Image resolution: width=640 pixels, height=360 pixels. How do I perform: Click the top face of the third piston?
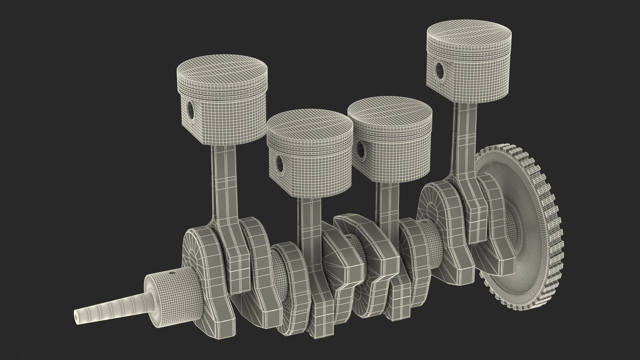pos(390,110)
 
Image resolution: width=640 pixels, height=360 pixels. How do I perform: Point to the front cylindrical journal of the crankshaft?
pos(173,300)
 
